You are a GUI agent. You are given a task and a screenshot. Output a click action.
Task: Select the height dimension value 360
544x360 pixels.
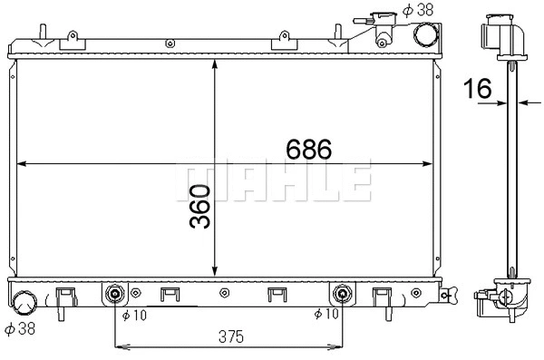click(200, 207)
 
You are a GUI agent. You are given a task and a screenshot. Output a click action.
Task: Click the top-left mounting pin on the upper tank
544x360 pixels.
click(41, 34)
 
